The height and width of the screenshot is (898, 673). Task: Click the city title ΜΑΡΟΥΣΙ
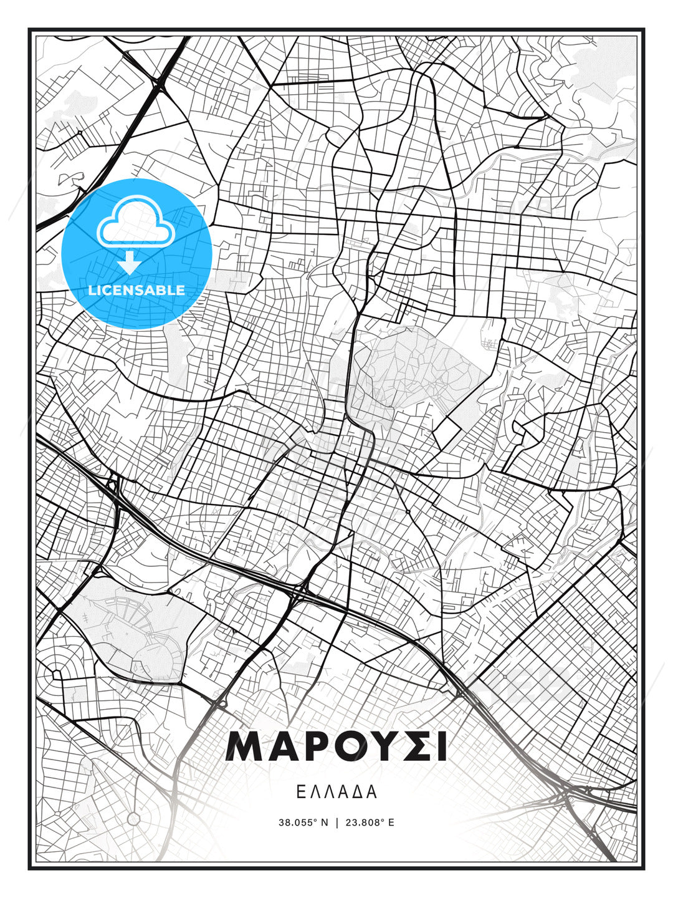pyautogui.click(x=336, y=746)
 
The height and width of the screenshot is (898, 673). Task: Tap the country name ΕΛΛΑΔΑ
pyautogui.click(x=336, y=792)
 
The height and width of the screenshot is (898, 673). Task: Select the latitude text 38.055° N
pyautogui.click(x=303, y=823)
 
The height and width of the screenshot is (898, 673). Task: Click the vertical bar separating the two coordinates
pyautogui.click(x=336, y=823)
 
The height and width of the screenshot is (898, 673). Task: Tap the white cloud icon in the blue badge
pyautogui.click(x=135, y=222)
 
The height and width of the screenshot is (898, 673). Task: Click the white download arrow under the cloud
pyautogui.click(x=130, y=263)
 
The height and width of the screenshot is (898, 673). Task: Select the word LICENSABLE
pyautogui.click(x=136, y=290)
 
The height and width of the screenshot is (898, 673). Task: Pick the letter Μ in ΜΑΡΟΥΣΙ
pyautogui.click(x=245, y=746)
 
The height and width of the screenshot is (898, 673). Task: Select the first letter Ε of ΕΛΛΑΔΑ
pyautogui.click(x=300, y=792)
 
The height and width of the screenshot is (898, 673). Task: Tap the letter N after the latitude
pyautogui.click(x=324, y=823)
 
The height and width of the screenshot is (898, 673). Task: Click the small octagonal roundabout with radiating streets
pyautogui.click(x=133, y=818)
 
